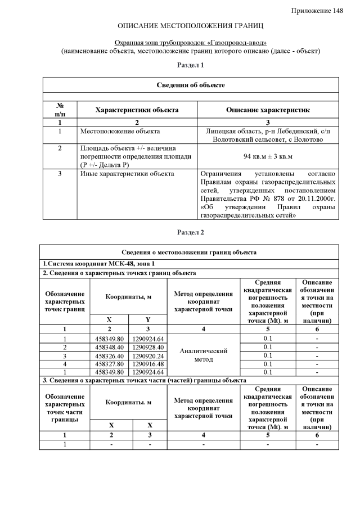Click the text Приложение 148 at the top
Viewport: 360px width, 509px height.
click(x=318, y=11)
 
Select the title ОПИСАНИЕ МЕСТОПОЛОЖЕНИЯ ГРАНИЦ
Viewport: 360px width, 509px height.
click(x=191, y=26)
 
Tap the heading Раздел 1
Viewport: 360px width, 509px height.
click(x=191, y=66)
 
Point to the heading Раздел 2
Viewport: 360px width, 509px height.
click(x=191, y=232)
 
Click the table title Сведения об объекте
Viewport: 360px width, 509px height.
click(x=191, y=85)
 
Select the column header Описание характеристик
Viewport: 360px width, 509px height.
click(x=268, y=110)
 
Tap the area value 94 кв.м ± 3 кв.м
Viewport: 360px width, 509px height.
click(x=268, y=156)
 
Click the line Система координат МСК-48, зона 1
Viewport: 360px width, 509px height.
click(x=98, y=264)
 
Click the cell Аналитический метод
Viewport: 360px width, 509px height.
click(x=203, y=355)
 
